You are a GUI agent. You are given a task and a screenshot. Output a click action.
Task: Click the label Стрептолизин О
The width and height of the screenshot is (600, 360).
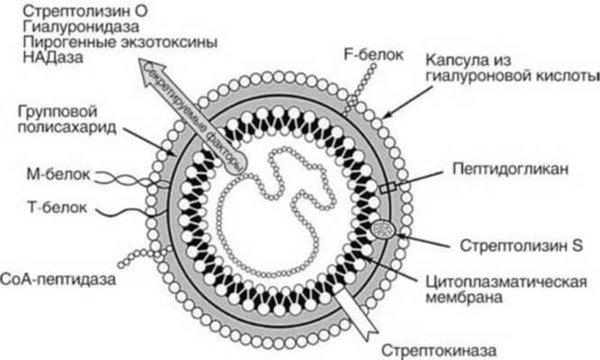85,11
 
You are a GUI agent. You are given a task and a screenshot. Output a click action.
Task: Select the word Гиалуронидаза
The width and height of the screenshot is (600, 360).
80,27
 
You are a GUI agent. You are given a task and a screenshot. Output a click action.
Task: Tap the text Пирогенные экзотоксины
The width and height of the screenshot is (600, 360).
120,42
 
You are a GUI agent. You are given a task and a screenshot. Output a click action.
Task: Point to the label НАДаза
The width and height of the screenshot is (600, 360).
53,58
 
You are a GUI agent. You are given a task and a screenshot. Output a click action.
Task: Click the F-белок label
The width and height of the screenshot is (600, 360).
374,55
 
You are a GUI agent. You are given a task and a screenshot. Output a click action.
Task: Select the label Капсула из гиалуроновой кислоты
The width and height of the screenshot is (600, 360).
512,68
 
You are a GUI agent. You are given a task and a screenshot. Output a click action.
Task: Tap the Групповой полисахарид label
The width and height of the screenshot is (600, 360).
67,119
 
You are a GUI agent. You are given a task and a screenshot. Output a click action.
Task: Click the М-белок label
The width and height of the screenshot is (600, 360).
58,174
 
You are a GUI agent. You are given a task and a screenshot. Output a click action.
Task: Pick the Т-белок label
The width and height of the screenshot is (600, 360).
58,208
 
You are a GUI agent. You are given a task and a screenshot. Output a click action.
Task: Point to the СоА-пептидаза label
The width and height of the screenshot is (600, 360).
58,280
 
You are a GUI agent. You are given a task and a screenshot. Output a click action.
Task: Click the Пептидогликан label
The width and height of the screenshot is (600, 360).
510,169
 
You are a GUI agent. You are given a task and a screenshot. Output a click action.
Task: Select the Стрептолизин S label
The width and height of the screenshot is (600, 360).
522,245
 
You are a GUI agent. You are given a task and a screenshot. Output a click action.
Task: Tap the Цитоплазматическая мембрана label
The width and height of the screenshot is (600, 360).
506,290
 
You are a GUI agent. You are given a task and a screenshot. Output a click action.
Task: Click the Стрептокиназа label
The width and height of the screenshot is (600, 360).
438,350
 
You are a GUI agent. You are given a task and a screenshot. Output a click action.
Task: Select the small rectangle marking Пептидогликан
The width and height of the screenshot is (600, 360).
388,188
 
